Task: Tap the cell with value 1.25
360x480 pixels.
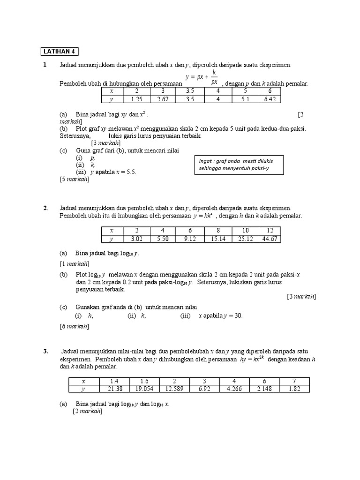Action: click(x=136, y=99)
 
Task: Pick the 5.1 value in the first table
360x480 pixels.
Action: click(x=245, y=99)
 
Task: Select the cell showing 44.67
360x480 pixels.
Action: click(x=270, y=239)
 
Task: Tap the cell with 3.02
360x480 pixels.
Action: click(x=135, y=239)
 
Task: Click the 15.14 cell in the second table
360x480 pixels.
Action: click(x=218, y=239)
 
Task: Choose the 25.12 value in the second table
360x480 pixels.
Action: click(x=245, y=239)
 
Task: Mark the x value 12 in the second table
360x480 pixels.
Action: click(x=270, y=231)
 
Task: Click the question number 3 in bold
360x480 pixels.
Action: click(x=46, y=352)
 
